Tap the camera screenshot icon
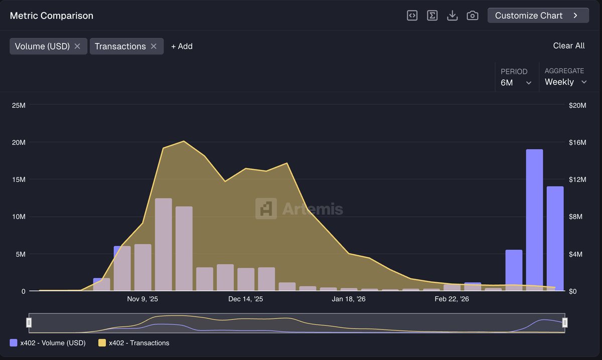(472, 16)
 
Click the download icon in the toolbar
(452, 16)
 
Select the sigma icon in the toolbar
(432, 16)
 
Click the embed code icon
(412, 16)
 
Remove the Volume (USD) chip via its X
(77, 46)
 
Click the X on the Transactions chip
(154, 46)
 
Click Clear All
(568, 46)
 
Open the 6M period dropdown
(516, 83)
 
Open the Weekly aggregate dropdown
(565, 82)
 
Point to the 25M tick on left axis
(20, 105)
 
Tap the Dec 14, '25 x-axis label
(245, 299)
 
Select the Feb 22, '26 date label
(452, 299)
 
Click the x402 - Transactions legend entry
(133, 343)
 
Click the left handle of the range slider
(29, 322)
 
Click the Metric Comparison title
(52, 16)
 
